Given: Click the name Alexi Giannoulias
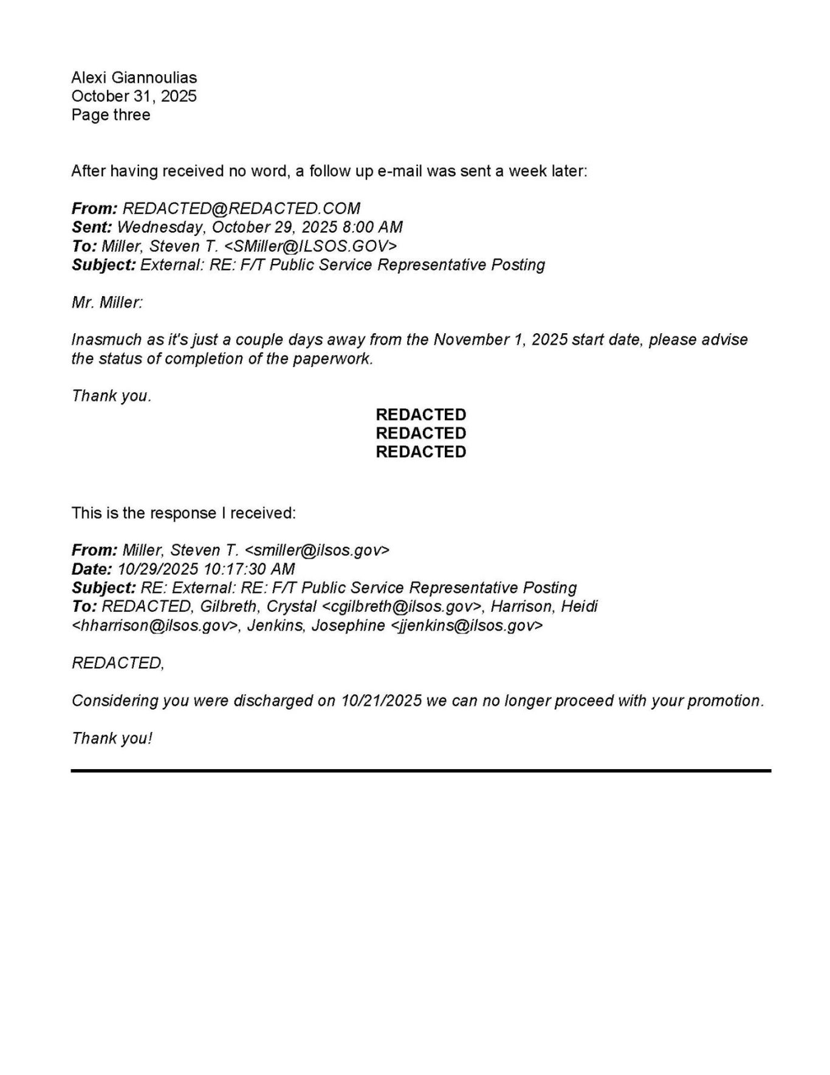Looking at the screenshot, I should (134, 78).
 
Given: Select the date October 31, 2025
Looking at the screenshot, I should (134, 96).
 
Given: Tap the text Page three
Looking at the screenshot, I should (111, 115).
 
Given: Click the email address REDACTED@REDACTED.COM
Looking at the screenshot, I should (241, 209).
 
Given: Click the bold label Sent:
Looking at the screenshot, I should (92, 227).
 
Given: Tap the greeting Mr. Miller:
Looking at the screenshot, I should (107, 303).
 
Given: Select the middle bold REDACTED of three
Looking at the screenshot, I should (420, 434).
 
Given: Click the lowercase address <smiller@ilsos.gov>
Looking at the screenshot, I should (317, 550).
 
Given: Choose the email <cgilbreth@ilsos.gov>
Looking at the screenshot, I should (402, 607).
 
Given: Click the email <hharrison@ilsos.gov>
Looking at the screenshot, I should (155, 626).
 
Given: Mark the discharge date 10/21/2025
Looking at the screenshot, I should (382, 701).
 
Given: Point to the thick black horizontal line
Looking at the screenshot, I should (420, 770).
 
